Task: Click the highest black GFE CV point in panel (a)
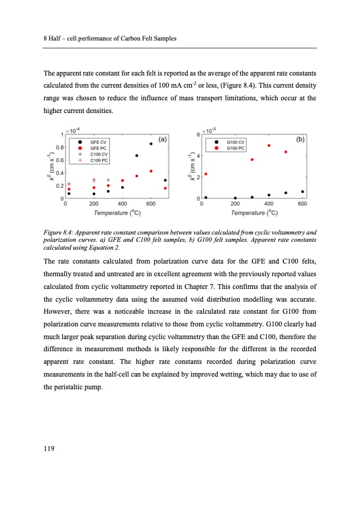(x=151, y=143)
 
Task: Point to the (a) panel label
(x=163, y=139)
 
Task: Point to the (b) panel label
(x=300, y=139)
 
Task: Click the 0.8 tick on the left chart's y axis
(x=59, y=147)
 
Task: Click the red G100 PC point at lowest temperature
(x=206, y=174)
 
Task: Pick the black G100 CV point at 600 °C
(x=303, y=192)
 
